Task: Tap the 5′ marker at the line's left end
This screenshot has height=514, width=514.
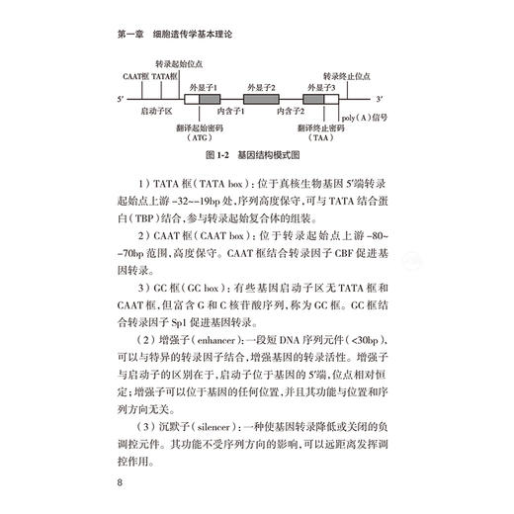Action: point(120,101)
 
